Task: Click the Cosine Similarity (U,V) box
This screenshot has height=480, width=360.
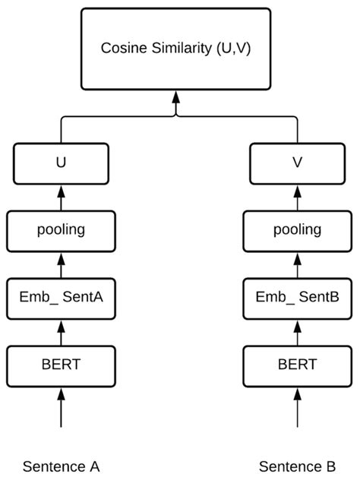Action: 176,47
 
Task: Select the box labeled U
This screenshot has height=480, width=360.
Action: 61,163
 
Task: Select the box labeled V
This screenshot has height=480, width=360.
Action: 297,163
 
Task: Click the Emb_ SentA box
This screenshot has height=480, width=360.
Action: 61,298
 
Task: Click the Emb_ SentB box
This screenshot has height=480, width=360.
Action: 297,298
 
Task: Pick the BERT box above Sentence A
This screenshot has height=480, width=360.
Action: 61,365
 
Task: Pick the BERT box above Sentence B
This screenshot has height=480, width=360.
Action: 297,365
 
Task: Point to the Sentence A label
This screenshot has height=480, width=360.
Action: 61,466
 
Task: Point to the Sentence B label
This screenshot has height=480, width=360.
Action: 297,466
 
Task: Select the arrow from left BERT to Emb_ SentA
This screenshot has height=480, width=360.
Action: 61,331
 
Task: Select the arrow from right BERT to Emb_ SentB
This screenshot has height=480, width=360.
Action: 297,331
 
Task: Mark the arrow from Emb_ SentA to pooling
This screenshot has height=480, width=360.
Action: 61,264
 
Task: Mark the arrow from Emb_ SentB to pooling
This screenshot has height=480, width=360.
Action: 297,264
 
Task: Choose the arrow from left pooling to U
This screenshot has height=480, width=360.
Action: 61,196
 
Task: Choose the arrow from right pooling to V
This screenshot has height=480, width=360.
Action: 297,196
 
